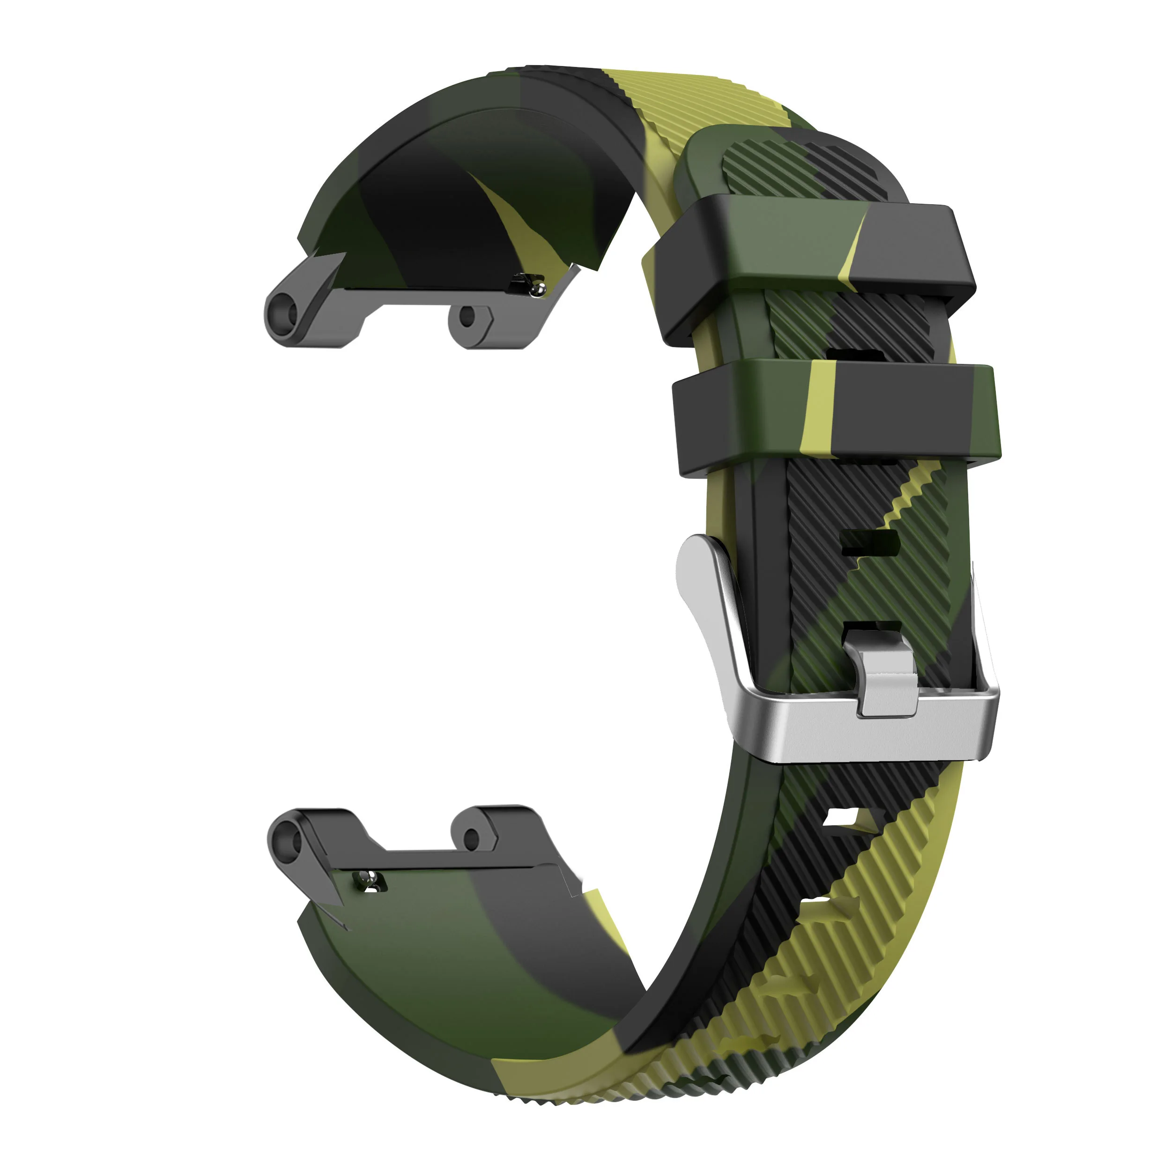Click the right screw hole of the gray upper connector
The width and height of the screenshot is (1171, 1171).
tap(467, 316)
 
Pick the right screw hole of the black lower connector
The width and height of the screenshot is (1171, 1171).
tap(471, 839)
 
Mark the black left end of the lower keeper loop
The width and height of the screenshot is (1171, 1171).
tap(703, 424)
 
